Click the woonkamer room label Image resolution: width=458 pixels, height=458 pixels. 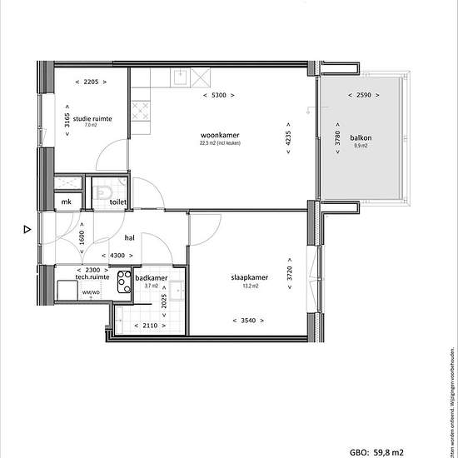219,135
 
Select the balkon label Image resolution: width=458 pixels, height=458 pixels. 361,138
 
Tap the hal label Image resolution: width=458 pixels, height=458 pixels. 130,237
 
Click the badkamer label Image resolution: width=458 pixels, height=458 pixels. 152,276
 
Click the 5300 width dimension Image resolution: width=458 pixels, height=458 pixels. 219,96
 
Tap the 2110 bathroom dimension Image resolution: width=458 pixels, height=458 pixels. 151,326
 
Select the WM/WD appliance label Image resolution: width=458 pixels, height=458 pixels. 90,293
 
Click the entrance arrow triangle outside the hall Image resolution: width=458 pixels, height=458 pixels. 27,229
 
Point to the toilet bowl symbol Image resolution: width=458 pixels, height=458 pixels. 103,195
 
